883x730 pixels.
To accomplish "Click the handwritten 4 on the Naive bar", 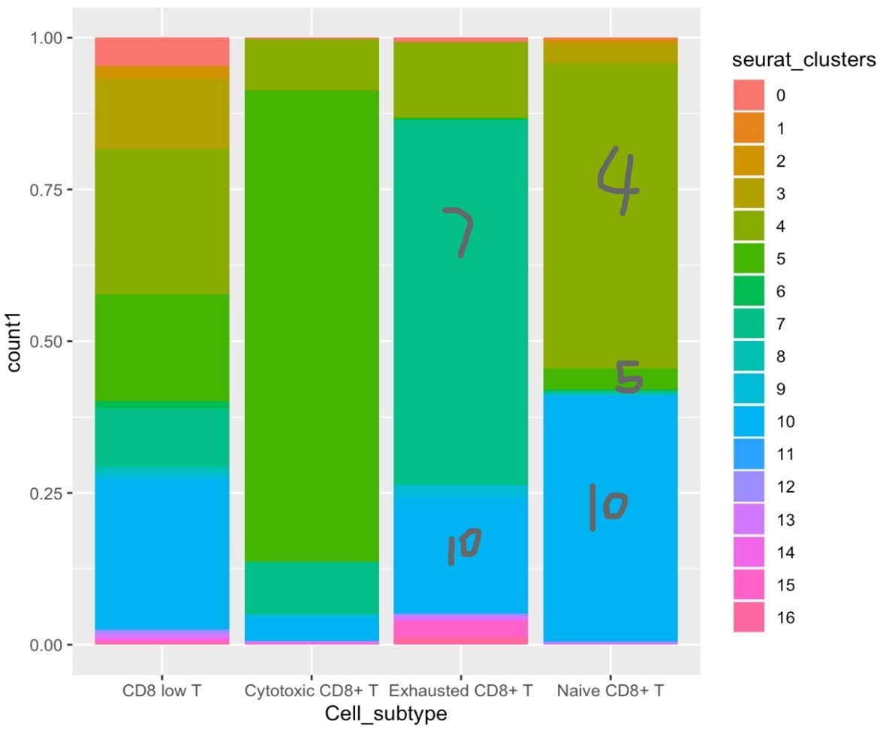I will click(x=618, y=179).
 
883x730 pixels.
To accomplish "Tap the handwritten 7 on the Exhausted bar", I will click(x=459, y=232).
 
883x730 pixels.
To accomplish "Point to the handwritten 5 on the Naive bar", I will click(x=628, y=377).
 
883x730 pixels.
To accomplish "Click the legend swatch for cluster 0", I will click(x=749, y=95).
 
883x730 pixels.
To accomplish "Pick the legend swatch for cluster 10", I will click(x=749, y=422).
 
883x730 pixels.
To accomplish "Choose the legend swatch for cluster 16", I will click(x=749, y=618).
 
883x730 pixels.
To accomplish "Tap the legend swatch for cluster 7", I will click(x=749, y=324).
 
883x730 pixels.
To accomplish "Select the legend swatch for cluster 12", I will click(x=749, y=487).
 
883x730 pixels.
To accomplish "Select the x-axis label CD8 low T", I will click(x=162, y=690).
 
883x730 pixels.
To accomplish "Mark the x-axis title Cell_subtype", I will click(x=386, y=713).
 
